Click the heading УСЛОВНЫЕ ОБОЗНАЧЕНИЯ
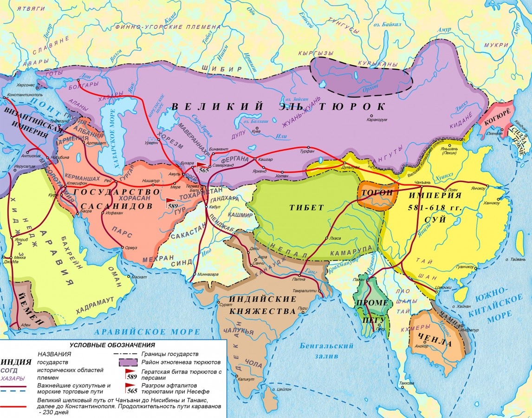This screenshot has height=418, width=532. click(x=112, y=345)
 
